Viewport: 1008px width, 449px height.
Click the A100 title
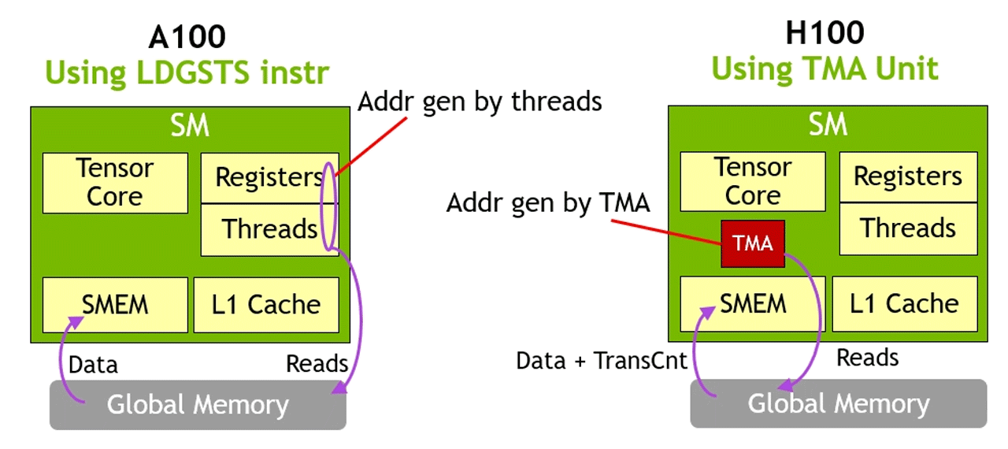coord(187,36)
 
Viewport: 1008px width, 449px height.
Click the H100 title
coord(825,33)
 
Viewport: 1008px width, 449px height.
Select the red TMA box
coord(753,243)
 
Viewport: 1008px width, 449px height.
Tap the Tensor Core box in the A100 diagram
coord(115,183)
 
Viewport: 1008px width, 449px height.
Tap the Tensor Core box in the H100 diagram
coord(753,182)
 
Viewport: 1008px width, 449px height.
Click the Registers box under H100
coord(908,176)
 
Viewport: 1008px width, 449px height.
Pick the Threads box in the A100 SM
coord(269,229)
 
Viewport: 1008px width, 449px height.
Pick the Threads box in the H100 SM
coord(908,228)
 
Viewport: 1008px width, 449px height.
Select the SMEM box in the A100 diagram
coord(115,304)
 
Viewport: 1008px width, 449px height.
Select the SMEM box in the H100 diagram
coord(753,303)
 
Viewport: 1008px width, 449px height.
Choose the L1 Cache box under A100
coord(266,304)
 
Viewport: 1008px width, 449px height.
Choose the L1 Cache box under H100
coord(905,303)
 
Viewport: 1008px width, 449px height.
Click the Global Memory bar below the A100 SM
coord(198,405)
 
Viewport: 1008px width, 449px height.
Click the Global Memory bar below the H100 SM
coord(838,404)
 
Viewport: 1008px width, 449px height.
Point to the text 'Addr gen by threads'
coord(480,102)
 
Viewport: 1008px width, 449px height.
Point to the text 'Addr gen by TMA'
coord(548,203)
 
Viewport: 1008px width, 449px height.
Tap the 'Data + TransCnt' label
coord(602,361)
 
